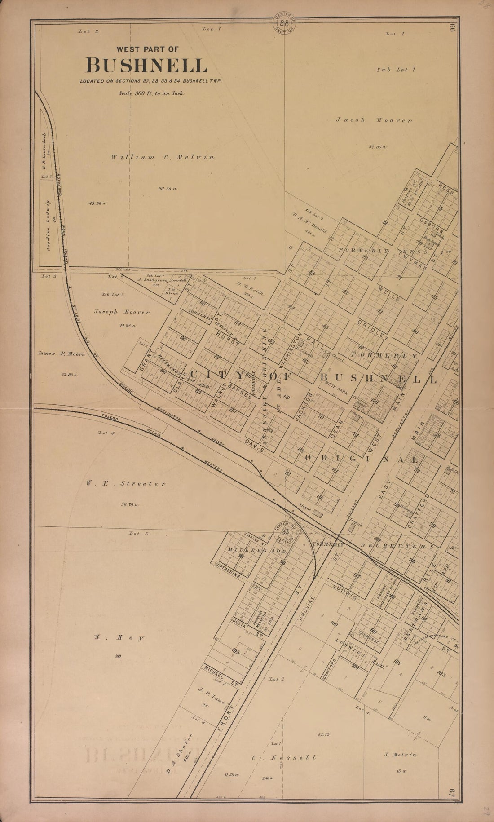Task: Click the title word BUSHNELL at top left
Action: tap(146, 66)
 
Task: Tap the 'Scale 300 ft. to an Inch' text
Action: tap(151, 93)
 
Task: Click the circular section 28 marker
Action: tap(284, 23)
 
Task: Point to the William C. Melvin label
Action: tap(163, 157)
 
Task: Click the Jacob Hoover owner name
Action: tap(374, 120)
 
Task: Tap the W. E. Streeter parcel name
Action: tap(124, 484)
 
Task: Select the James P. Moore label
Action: tap(61, 354)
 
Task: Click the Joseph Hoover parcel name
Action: tap(122, 311)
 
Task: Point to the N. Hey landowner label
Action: tap(119, 637)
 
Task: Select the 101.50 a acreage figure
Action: tap(167, 189)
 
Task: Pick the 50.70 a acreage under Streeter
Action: tap(130, 505)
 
